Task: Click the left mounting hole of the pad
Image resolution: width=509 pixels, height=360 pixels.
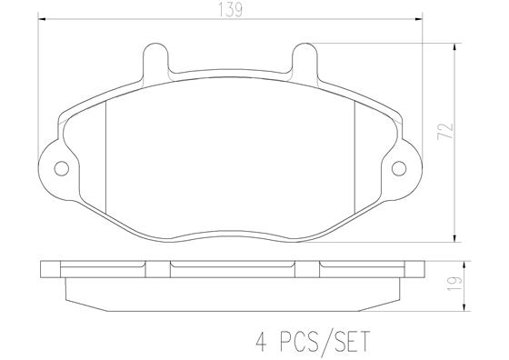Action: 61,167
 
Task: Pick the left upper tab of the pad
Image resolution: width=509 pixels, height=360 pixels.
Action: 157,62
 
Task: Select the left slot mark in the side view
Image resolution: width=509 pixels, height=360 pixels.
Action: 171,266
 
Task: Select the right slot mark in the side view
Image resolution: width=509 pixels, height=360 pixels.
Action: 321,266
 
